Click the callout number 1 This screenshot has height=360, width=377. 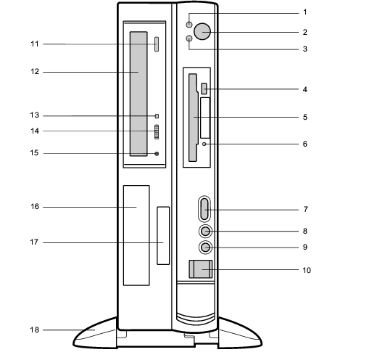[x=305, y=12]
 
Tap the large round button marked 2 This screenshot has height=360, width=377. [x=202, y=31]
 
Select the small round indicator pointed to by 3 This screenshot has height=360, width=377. [x=189, y=38]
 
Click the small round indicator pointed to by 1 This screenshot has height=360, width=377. [x=189, y=25]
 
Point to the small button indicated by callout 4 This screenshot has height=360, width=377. [x=204, y=89]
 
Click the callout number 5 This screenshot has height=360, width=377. [x=305, y=117]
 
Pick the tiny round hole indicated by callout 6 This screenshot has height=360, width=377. [x=204, y=144]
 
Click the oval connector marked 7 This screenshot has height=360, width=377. [x=204, y=209]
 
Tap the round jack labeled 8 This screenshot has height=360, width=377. [x=205, y=232]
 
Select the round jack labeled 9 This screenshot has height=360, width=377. [x=205, y=247]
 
